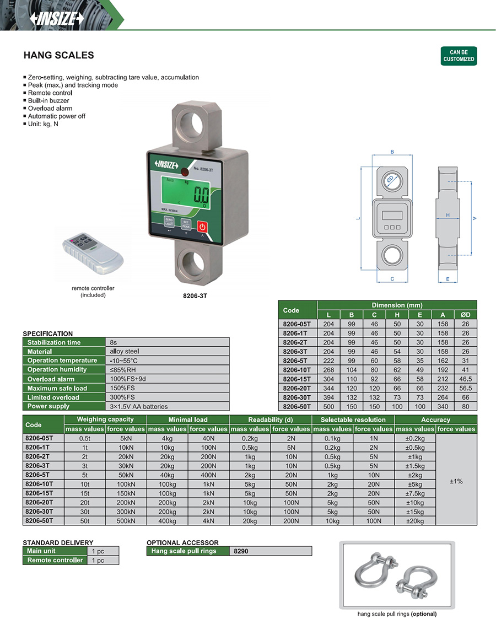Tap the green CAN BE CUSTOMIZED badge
(x=459, y=56)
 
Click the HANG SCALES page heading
(x=59, y=55)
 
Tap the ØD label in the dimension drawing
(x=390, y=179)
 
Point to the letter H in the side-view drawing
(x=448, y=215)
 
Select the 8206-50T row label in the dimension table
(x=296, y=406)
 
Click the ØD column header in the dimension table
(x=466, y=315)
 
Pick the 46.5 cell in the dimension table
(x=466, y=379)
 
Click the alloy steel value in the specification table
(x=125, y=351)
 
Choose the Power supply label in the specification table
(x=48, y=406)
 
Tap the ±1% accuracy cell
(x=456, y=481)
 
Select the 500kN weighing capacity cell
(x=126, y=521)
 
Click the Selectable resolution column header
(x=353, y=420)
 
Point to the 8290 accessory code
(x=241, y=551)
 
